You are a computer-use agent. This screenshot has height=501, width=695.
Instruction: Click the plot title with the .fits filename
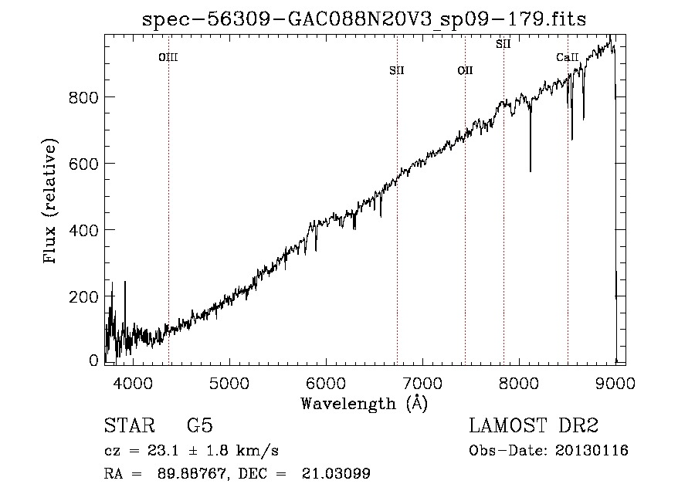364,19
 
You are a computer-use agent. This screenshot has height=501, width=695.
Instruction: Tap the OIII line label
168,57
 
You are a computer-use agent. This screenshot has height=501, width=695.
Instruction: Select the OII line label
466,70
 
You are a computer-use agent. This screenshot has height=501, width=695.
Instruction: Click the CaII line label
568,57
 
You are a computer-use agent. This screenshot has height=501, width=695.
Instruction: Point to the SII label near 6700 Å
397,70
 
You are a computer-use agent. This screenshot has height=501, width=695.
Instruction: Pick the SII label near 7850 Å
503,44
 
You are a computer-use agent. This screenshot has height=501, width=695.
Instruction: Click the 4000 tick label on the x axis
133,383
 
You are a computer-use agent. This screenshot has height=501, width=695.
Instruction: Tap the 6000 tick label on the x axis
326,383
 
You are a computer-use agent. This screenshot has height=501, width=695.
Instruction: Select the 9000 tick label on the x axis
615,383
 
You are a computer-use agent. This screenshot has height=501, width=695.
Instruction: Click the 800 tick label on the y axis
83,97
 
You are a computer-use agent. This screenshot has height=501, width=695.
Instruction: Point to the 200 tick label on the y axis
83,296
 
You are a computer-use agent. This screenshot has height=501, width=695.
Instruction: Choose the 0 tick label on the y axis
93,361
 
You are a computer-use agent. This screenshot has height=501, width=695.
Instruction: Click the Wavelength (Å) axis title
364,404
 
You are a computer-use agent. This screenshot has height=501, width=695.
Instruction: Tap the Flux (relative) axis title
49,201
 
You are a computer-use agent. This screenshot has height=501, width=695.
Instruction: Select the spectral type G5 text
200,425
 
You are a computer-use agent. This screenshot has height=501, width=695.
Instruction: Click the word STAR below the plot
130,425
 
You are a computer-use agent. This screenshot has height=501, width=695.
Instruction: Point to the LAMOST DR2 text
534,425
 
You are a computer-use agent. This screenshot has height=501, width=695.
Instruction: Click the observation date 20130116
592,451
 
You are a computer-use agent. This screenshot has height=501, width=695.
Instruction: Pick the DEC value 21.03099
336,473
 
